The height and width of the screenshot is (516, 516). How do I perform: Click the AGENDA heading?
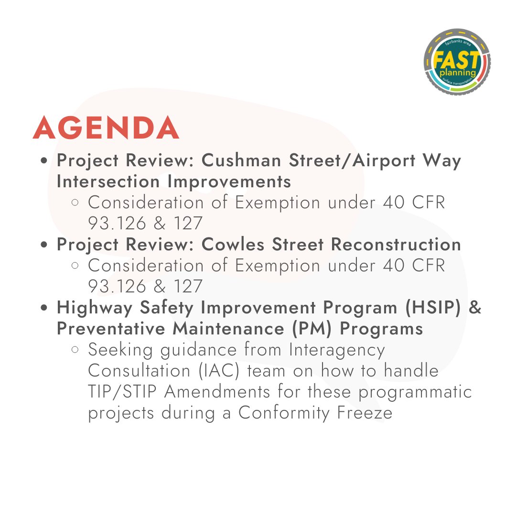point(106,128)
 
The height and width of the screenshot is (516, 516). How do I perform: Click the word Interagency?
point(337,350)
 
